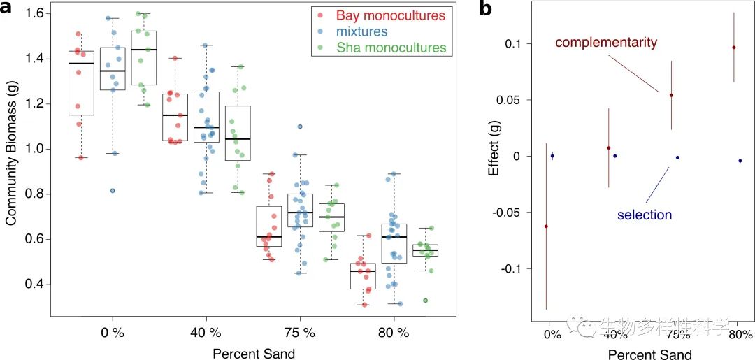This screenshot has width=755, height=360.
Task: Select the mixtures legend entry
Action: pyautogui.click(x=361, y=31)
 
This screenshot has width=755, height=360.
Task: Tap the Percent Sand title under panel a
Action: pyautogui.click(x=254, y=354)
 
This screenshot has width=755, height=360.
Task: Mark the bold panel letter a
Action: pyautogui.click(x=8, y=9)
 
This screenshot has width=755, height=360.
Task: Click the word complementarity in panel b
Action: pyautogui.click(x=606, y=43)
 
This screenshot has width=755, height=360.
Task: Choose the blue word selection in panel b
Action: pyautogui.click(x=644, y=215)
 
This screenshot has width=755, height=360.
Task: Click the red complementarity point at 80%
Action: pyautogui.click(x=733, y=48)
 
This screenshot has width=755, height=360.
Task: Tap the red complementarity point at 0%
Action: pyautogui.click(x=546, y=226)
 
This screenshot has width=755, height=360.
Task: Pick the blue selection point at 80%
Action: pyautogui.click(x=740, y=161)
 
